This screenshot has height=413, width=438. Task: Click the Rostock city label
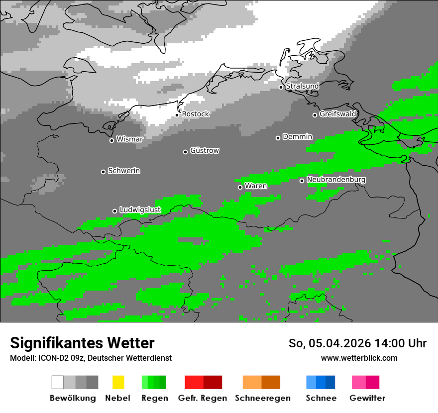click(196, 114)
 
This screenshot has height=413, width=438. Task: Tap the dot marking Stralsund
click(281, 87)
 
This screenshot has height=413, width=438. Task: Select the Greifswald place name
click(338, 114)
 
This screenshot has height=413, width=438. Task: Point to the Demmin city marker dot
click(278, 138)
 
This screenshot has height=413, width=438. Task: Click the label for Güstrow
click(205, 150)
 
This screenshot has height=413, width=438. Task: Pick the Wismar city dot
click(111, 140)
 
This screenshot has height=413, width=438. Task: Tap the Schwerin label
click(124, 171)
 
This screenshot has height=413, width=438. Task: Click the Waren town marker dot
click(240, 187)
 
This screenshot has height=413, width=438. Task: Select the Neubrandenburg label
click(336, 180)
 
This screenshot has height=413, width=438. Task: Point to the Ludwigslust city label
click(140, 210)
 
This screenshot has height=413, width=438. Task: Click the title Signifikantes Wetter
click(82, 343)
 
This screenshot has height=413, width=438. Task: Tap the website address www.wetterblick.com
click(359, 358)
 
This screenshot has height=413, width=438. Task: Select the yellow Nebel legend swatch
click(118, 382)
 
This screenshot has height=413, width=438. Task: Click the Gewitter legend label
click(367, 398)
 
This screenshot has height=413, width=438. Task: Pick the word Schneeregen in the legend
click(262, 398)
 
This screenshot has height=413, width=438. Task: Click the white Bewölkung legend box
click(58, 382)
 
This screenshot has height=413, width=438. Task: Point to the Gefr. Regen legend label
click(202, 398)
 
